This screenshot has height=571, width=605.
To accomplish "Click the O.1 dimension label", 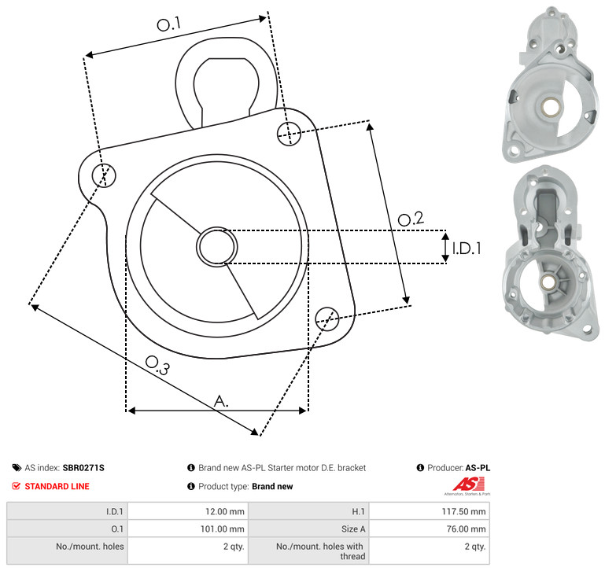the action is click(x=169, y=24).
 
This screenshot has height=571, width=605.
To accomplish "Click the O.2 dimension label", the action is click(x=411, y=219).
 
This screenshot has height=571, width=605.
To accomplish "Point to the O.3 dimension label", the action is click(x=157, y=365).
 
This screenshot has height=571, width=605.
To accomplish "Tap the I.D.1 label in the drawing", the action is click(x=467, y=249).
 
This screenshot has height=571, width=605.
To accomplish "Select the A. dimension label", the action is click(x=221, y=401).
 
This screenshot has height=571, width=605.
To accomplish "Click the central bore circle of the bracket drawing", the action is click(x=217, y=247).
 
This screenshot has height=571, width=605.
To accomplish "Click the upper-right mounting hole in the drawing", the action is click(x=289, y=134).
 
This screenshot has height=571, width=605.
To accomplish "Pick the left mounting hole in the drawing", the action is click(x=104, y=175).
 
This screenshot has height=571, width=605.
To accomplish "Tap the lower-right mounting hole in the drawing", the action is click(x=327, y=319).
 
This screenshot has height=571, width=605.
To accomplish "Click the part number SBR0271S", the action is click(x=83, y=468).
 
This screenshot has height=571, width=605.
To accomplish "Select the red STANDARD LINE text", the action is click(x=57, y=486).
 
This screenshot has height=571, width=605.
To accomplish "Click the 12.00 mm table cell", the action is click(x=224, y=511).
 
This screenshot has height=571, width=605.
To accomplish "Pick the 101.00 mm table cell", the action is click(x=222, y=529).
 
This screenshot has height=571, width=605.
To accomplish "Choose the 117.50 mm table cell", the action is click(x=464, y=511).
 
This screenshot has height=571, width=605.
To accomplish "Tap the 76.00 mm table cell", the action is click(x=466, y=529).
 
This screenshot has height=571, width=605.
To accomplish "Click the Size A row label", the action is click(x=353, y=529).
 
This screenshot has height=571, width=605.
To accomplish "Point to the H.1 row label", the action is click(x=358, y=511).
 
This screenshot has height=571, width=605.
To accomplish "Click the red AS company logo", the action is click(x=468, y=485).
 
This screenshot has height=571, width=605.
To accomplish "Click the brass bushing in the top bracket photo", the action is click(x=551, y=107).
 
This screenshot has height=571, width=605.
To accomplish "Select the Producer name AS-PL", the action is click(x=478, y=468).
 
